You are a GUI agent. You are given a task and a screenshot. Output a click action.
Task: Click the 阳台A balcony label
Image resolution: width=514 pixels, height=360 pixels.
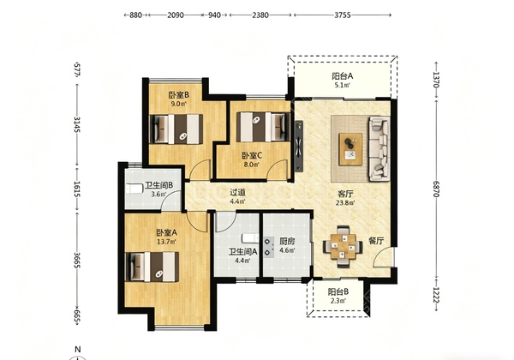pyautogui.click(x=343, y=76)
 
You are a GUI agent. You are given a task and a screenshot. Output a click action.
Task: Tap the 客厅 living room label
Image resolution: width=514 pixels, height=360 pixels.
pyautogui.click(x=345, y=194)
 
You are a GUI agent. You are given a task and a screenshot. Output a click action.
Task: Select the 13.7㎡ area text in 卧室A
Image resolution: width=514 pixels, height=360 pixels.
pyautogui.click(x=166, y=242)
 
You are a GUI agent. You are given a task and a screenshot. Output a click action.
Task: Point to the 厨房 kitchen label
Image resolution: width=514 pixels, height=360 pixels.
pyautogui.click(x=287, y=242)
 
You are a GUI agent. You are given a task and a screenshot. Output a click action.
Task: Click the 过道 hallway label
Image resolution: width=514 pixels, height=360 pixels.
pyautogui.click(x=237, y=193)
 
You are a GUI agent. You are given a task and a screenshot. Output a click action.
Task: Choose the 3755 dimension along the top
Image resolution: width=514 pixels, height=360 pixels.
pyautogui.click(x=343, y=15)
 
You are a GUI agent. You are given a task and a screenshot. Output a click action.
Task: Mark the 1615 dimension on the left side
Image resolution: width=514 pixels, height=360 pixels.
pyautogui.click(x=76, y=189)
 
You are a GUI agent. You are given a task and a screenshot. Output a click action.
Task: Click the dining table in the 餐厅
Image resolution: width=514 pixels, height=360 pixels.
pyautogui.click(x=343, y=246)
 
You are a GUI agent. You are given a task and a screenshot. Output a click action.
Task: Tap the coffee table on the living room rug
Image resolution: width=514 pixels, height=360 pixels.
pyautogui.click(x=350, y=149)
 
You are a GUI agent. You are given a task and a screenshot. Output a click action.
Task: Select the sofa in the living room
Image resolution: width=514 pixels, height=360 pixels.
pyautogui.click(x=380, y=148)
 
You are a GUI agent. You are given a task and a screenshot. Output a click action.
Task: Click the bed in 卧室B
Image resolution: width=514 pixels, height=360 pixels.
pyautogui.click(x=176, y=129)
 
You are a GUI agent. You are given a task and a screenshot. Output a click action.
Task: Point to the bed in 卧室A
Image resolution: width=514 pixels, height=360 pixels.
pyautogui.click(x=152, y=267)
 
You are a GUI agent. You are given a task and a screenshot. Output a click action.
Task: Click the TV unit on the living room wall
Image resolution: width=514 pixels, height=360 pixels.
pyautogui.click(x=299, y=147)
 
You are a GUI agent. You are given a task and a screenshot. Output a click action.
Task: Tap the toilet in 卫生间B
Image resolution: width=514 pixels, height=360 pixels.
pyautogui.click(x=134, y=189)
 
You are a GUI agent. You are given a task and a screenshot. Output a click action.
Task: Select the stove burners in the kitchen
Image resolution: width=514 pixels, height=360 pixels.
pyautogui.click(x=269, y=247)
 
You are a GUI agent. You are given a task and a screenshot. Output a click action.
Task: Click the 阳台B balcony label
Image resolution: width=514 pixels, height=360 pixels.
pyautogui.click(x=338, y=291)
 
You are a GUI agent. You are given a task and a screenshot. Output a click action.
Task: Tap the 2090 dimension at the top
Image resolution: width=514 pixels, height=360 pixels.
pyautogui.click(x=176, y=15)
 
